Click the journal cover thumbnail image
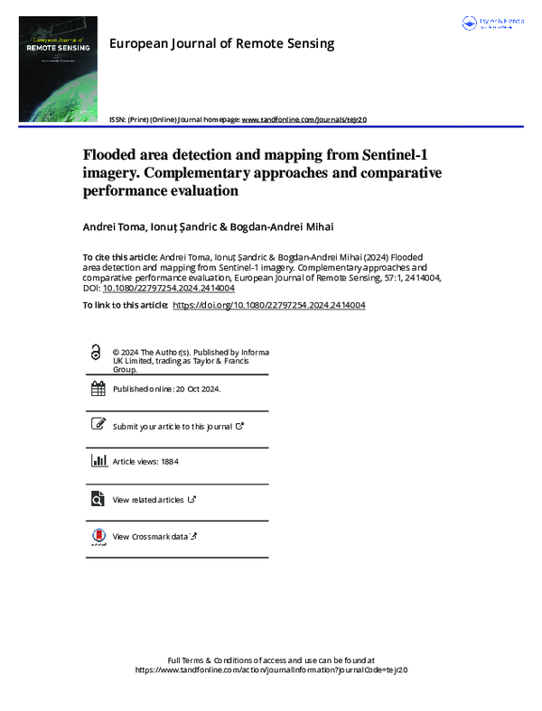coord(59,69)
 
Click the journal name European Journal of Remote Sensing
coord(221,43)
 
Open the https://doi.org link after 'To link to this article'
coord(268,305)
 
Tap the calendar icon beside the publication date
coord(98,389)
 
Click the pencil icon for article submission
coord(98,425)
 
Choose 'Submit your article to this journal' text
coord(173,426)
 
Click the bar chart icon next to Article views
coord(98,461)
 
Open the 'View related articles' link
coord(148,499)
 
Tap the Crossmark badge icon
coord(98,536)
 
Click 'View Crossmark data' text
coord(150,536)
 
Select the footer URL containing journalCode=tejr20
coord(271,671)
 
